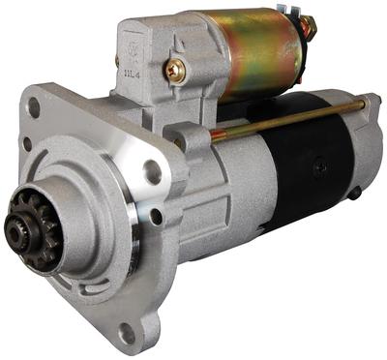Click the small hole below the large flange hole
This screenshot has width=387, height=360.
pos(155,215)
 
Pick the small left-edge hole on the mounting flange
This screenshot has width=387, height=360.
pos(26,144)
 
